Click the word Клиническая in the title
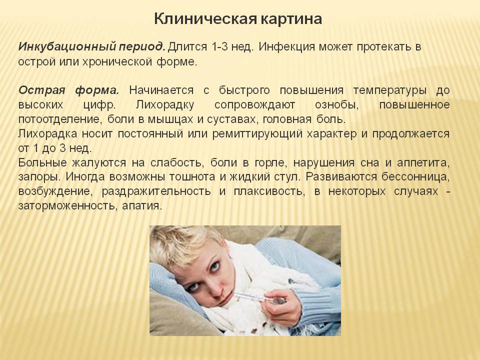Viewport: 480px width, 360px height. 205,18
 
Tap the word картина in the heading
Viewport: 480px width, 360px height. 291,19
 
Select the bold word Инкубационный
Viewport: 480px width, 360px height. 66,47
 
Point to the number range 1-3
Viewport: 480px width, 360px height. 219,46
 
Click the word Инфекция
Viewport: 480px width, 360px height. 286,47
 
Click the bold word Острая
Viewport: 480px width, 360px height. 41,90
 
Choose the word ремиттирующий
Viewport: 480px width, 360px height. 257,134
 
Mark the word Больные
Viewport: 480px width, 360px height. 42,162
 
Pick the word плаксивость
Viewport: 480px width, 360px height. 269,191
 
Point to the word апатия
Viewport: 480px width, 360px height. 141,205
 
